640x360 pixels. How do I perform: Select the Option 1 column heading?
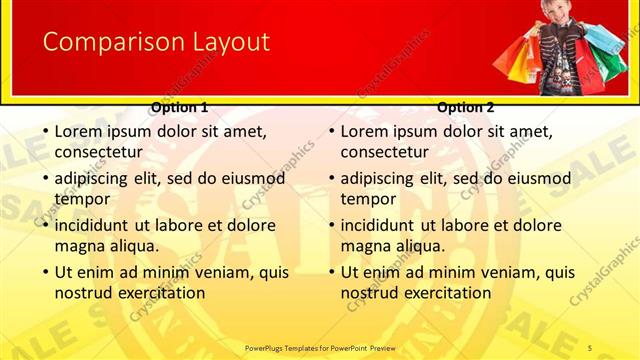[x=180, y=107]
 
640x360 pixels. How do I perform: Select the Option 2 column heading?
[x=466, y=107]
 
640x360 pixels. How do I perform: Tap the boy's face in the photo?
[x=555, y=12]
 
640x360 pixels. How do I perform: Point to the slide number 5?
[x=590, y=347]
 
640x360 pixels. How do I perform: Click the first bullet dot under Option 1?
[x=44, y=131]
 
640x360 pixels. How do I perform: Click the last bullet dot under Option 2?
[x=330, y=272]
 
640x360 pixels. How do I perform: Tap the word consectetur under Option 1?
[x=98, y=153]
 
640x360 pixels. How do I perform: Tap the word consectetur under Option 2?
[x=384, y=153]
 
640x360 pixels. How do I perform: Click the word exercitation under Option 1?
[x=162, y=293]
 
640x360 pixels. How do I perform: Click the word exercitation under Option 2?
[x=448, y=293]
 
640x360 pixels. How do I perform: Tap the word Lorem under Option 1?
[x=77, y=131]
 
